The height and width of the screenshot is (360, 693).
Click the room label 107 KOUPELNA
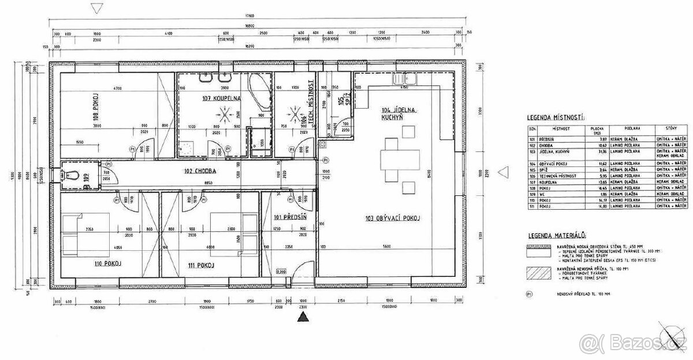click(x=221, y=98)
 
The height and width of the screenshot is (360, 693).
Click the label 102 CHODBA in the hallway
click(x=200, y=171)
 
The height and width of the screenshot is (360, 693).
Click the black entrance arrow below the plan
click(x=301, y=316)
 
